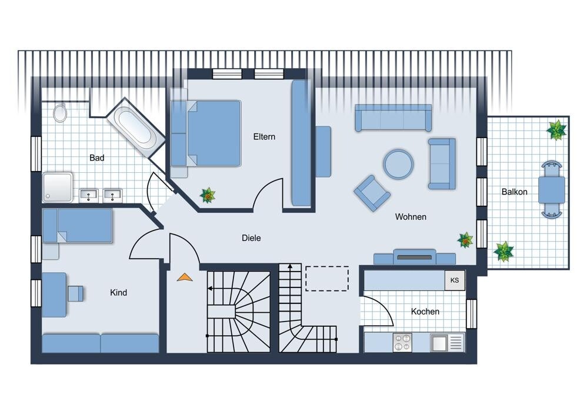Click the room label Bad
[x=96, y=158]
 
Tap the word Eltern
[x=264, y=136]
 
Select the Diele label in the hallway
[x=251, y=237]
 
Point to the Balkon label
[x=515, y=192]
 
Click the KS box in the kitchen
[x=455, y=280]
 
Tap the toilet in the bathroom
[x=60, y=112]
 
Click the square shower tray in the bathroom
[x=57, y=187]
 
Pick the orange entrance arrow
[x=185, y=277]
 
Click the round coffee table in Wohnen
[x=398, y=164]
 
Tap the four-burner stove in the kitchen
[x=402, y=342]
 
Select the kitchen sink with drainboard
[x=448, y=342]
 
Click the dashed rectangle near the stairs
[x=327, y=279]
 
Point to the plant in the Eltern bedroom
[x=208, y=195]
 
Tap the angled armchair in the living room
[x=372, y=193]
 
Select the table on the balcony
[x=552, y=189]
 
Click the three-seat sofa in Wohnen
[x=393, y=118]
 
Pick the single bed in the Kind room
[x=78, y=226]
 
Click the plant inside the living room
[x=465, y=240]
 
